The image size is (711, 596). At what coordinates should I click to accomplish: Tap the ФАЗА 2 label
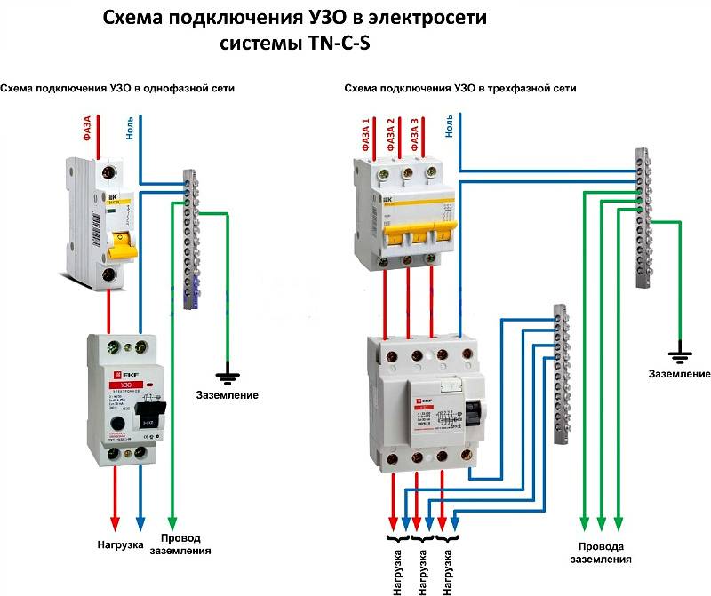coord(390,133)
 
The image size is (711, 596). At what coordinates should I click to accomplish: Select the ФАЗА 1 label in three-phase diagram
coord(366,133)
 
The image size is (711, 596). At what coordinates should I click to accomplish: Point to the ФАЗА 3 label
coord(415,133)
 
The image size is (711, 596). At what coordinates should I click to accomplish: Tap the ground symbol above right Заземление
coord(681,357)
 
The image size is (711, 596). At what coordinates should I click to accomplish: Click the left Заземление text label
coord(228,394)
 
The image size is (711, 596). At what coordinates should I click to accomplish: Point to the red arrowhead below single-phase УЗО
coord(114,523)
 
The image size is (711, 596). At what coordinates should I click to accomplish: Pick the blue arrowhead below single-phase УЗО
coord(140,523)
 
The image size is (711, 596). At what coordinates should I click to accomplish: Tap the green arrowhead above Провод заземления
coord(172,523)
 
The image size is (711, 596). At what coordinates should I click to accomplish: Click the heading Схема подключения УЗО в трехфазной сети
coord(459,89)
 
